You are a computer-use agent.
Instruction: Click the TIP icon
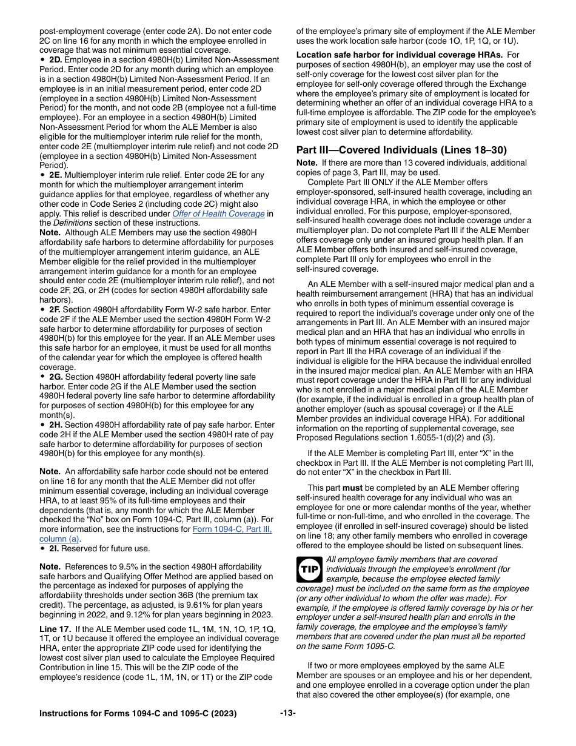point(309,570)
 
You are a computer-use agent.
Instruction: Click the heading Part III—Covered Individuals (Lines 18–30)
point(401,150)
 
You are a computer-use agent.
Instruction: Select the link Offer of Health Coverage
point(218,213)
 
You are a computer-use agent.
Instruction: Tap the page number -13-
point(288,713)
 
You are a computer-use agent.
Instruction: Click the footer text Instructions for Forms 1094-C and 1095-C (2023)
point(138,713)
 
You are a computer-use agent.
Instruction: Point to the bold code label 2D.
point(55,59)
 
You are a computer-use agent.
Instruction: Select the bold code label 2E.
point(55,175)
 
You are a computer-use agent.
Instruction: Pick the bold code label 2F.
point(55,309)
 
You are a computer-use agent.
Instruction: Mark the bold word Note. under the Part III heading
point(307,163)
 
